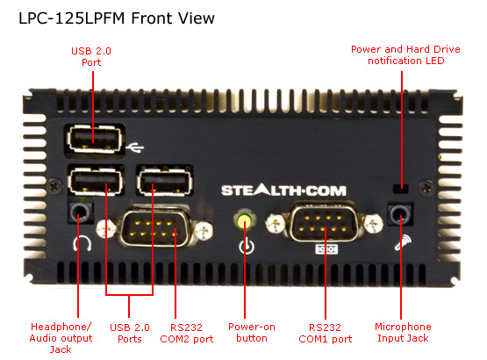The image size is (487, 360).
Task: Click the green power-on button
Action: (x=245, y=220)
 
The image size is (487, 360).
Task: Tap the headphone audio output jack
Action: (x=81, y=213)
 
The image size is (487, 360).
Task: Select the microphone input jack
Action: (x=400, y=214)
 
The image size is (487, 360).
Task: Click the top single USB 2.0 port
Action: (x=94, y=140)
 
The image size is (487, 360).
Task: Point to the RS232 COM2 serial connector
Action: (x=154, y=227)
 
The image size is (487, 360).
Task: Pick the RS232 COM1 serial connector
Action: (x=324, y=223)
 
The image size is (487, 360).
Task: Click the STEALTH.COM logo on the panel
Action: (x=283, y=190)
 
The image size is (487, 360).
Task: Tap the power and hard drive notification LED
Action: (x=400, y=188)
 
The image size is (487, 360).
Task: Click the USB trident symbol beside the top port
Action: (x=134, y=148)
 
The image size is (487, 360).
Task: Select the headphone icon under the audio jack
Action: (x=82, y=243)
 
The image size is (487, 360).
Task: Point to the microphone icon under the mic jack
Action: (x=403, y=242)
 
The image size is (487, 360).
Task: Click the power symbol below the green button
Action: (x=247, y=247)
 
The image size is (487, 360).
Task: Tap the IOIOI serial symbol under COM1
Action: (x=326, y=249)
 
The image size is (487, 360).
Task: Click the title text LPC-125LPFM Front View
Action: (x=117, y=18)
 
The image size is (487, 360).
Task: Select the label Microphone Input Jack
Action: (x=403, y=332)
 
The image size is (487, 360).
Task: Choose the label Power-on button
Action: (x=252, y=332)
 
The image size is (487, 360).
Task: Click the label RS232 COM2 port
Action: (x=187, y=333)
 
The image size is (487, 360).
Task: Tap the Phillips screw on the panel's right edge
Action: (x=426, y=187)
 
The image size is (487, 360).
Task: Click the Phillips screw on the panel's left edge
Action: (x=55, y=185)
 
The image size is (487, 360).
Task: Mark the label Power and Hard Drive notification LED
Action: (x=405, y=54)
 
